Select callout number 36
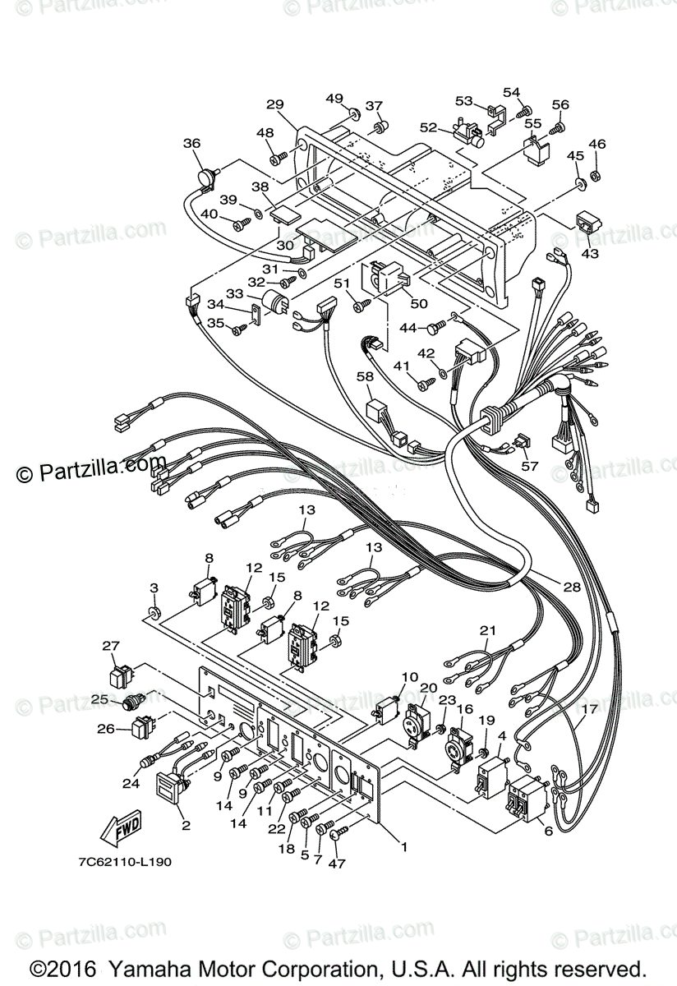tap(191, 143)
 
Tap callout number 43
tap(590, 253)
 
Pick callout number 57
tap(530, 466)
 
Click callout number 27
tap(111, 646)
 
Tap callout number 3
tap(153, 588)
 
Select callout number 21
tap(489, 630)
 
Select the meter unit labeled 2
tap(170, 784)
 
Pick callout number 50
tap(419, 303)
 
